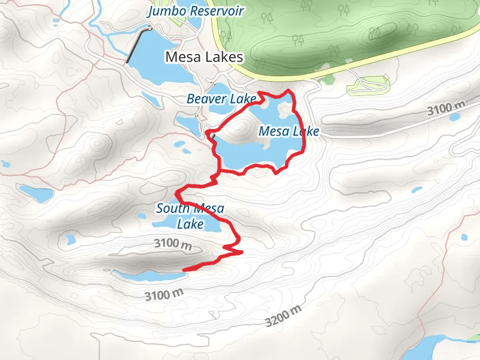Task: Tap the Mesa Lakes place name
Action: (205, 58)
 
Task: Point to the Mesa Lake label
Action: (289, 131)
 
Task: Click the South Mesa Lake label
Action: (190, 217)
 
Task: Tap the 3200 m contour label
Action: (284, 316)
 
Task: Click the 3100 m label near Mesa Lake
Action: (446, 109)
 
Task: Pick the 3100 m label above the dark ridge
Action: (172, 244)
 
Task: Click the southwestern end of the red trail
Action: (184, 269)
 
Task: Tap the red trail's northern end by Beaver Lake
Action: (259, 93)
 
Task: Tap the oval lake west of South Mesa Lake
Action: (36, 193)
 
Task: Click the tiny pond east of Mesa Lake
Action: (416, 190)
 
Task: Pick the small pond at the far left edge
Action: (5, 163)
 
